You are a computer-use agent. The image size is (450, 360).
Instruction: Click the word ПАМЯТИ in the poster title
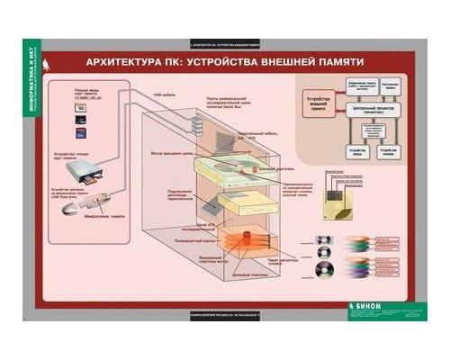334,66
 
